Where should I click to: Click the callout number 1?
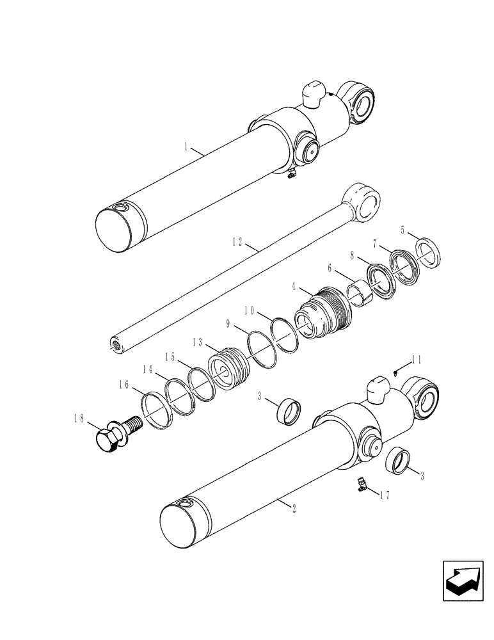pos(186,148)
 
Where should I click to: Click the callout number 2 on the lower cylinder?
pos(293,509)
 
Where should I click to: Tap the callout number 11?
pos(416,361)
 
